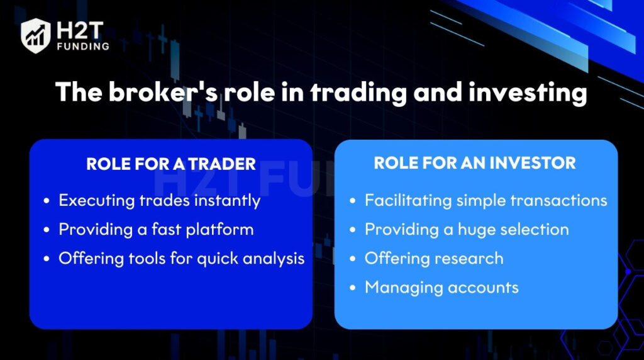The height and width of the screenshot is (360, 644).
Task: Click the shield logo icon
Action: (x=36, y=36)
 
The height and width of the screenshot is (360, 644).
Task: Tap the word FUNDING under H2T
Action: (x=84, y=47)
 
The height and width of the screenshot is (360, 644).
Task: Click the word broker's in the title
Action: (x=163, y=92)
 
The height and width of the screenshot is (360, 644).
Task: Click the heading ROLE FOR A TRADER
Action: (x=171, y=164)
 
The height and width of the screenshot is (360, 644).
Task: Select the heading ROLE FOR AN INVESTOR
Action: (x=475, y=163)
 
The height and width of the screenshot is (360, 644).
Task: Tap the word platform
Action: (x=219, y=230)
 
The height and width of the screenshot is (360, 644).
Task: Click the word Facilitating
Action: (x=408, y=201)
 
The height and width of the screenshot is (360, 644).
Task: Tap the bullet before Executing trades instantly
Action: (x=47, y=201)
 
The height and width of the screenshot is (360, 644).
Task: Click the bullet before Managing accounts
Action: (x=352, y=288)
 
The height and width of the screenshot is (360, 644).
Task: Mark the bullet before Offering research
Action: (x=352, y=259)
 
